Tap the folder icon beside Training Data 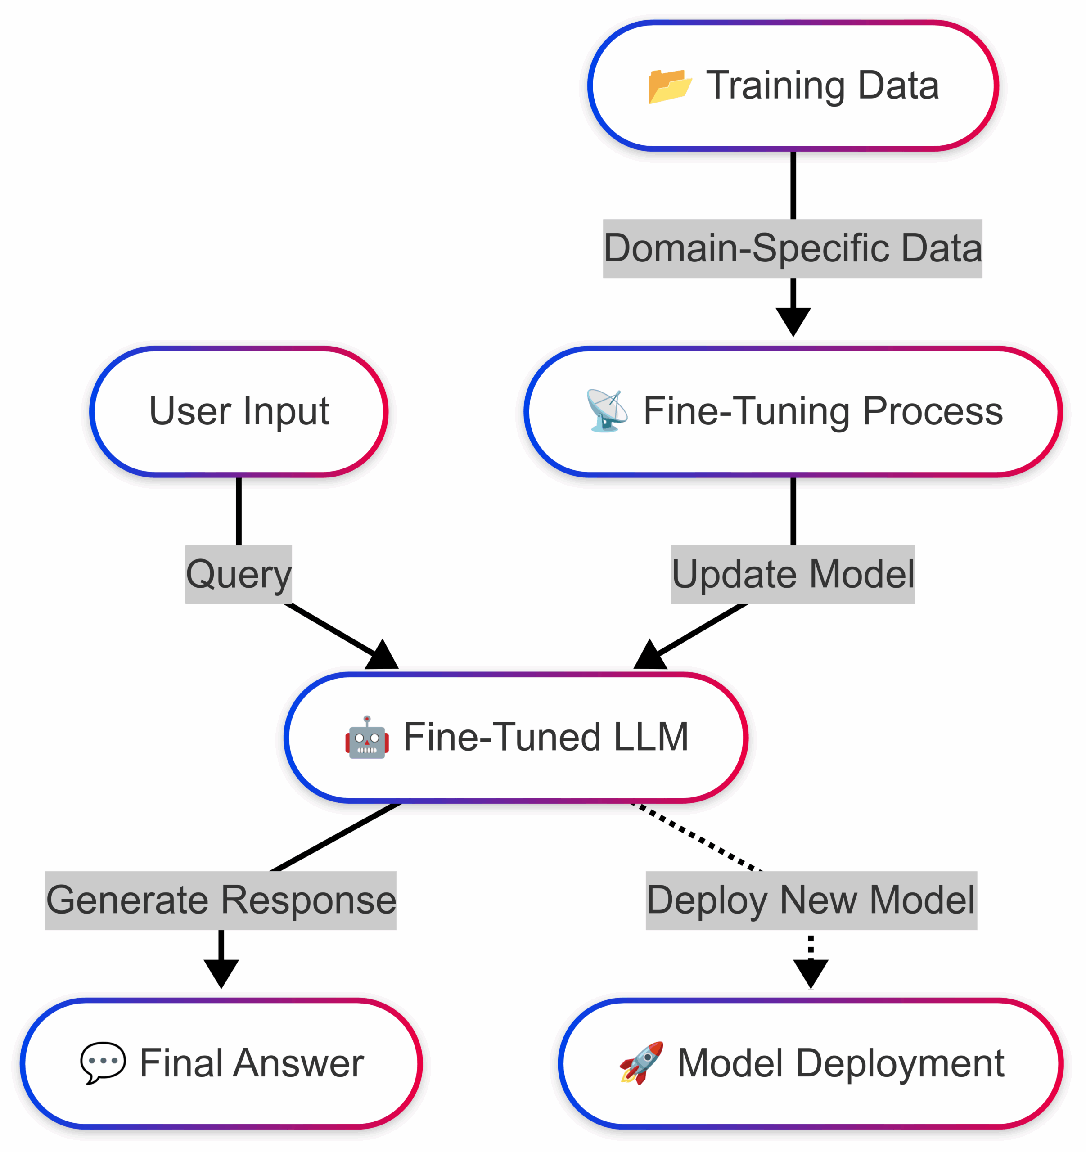click(670, 86)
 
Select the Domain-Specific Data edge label click(792, 248)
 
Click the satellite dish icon click(607, 411)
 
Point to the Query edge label click(239, 574)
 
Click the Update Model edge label click(793, 574)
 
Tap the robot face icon click(367, 737)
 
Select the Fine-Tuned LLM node click(516, 738)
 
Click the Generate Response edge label click(221, 900)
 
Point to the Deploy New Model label click(811, 900)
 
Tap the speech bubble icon click(103, 1063)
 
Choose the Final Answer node click(221, 1064)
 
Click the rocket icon click(641, 1063)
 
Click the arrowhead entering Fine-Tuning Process click(793, 322)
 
